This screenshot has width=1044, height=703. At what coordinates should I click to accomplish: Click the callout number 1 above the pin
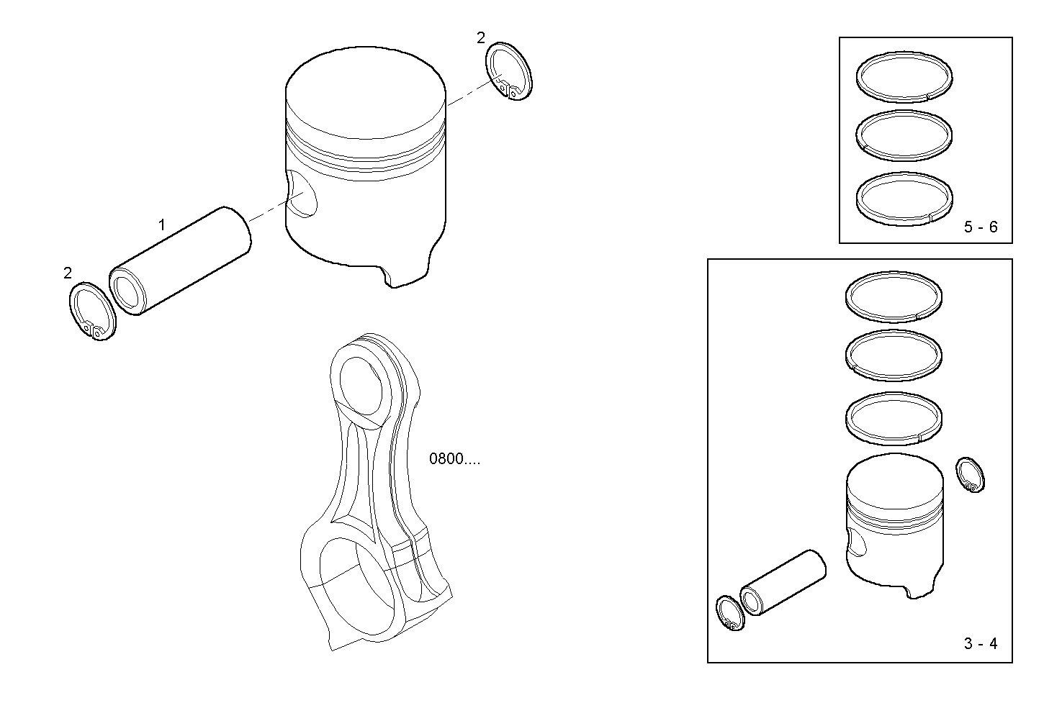pos(162,225)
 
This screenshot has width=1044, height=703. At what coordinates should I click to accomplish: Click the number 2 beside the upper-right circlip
pos(481,38)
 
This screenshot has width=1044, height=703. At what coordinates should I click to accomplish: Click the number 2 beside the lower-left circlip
pos(68,273)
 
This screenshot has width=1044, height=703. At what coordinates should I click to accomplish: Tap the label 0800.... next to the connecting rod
pos(454,459)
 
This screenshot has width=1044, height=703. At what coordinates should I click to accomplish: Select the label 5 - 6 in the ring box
pos(981,227)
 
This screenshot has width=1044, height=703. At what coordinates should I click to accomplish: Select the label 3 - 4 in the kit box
pos(981,644)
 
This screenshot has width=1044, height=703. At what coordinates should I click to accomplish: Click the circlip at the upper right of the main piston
pos(510,71)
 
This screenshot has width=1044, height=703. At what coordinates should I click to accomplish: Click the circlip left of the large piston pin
pos(91,312)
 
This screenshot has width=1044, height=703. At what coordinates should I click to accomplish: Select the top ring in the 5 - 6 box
pos(904,75)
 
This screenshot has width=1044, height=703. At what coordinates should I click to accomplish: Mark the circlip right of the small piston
pos(970,475)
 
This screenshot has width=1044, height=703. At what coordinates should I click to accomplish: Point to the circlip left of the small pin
pos(729,613)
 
